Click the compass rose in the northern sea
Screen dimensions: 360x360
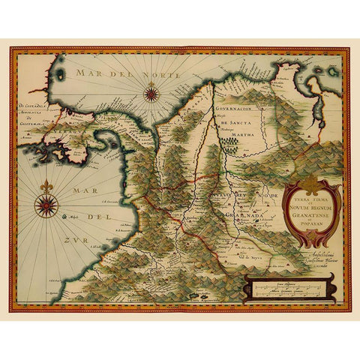(x=151, y=94)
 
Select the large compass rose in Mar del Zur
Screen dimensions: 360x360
(x=46, y=204)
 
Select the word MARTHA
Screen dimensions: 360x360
(x=241, y=136)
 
